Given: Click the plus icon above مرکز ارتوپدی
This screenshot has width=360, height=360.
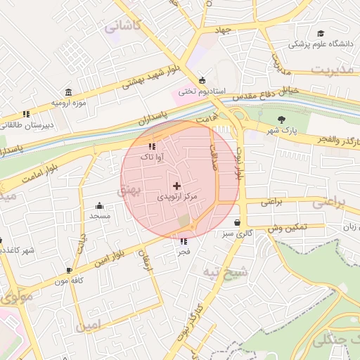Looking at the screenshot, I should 176,186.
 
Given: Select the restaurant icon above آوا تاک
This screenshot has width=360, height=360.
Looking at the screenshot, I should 152,147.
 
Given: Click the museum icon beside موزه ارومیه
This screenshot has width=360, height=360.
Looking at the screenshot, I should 68,92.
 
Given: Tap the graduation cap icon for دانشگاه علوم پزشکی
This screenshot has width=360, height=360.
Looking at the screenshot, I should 321,34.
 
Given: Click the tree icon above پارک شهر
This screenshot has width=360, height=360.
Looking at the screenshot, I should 282,119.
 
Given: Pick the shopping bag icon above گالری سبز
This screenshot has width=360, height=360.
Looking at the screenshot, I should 237,222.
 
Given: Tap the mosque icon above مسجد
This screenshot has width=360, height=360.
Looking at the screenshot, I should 99,205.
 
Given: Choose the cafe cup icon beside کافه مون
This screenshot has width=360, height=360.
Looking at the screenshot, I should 69,270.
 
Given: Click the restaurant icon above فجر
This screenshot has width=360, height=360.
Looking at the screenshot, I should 184,240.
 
